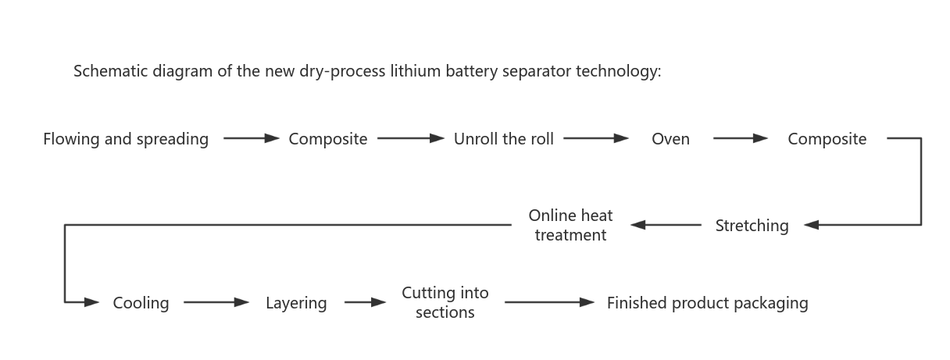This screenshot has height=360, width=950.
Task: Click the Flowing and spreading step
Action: coord(126,139)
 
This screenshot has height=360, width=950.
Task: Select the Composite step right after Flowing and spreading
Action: coord(327,139)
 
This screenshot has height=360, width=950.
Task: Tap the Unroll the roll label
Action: coord(504,139)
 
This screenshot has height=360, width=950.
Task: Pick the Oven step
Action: coord(670,139)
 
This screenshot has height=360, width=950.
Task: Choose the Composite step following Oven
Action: coord(827,139)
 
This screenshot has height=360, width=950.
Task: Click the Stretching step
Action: coord(752,226)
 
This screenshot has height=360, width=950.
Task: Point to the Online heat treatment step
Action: coord(570,225)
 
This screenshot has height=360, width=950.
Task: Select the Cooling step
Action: coord(141,303)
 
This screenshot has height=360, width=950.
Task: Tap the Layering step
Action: coord(296,303)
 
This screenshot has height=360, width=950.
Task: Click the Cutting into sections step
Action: coord(445,302)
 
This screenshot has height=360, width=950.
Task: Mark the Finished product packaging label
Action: coord(707,303)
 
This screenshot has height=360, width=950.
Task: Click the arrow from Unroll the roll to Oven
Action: coord(595,139)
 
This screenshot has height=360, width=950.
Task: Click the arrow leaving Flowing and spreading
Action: coord(251,139)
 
